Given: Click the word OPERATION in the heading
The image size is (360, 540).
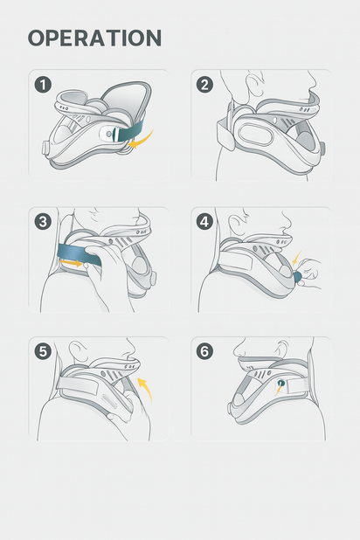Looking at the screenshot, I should point(94,38).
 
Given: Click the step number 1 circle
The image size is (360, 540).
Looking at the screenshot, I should point(43,85).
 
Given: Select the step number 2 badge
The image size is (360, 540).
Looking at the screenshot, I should point(204,85).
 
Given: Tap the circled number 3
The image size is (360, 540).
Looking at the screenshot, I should point(43,221).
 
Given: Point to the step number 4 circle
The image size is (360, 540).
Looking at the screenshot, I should point(204,221).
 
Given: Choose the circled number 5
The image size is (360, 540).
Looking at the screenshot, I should point(43,351).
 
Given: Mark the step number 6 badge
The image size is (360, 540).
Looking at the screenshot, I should point(204,351).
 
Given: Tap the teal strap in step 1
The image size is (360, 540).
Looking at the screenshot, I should point(131,131).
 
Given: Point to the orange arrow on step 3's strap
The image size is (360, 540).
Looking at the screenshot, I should point(77,260).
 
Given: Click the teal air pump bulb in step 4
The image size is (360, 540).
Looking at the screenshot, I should point(298,277).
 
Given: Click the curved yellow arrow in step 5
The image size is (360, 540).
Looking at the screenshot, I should point(144,388).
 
